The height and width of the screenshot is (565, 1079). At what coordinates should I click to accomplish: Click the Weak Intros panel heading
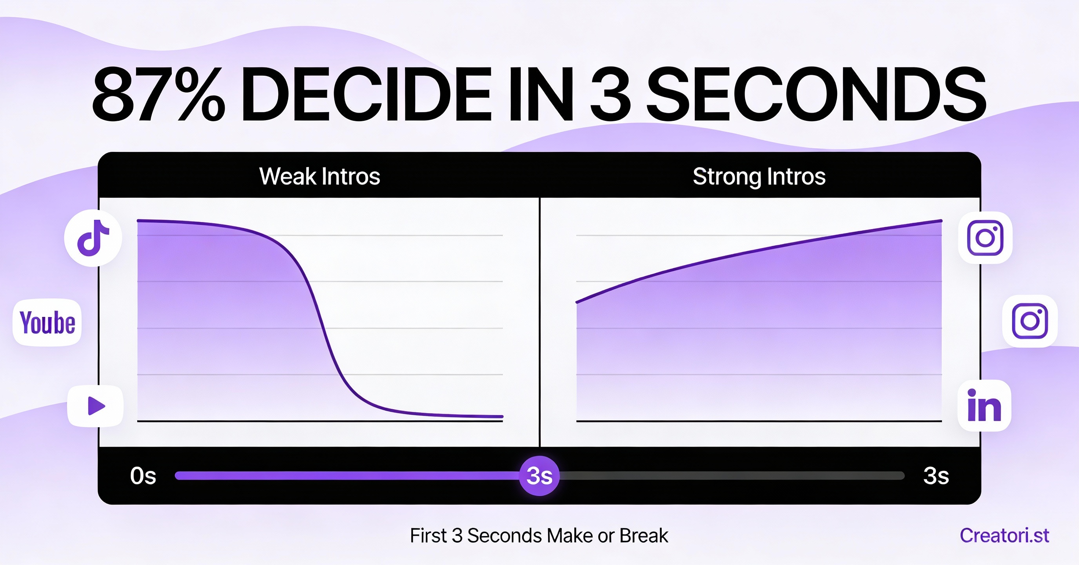320,176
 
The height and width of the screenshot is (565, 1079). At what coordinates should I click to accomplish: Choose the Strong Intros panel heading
759,177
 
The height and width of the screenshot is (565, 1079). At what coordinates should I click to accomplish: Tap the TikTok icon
93,238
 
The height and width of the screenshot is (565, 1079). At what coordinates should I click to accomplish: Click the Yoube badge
47,322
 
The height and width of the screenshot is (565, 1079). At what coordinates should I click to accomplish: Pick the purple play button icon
96,406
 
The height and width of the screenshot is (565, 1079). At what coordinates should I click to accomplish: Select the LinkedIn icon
985,405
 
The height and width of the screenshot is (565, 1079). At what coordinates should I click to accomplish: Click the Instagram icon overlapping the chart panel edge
985,238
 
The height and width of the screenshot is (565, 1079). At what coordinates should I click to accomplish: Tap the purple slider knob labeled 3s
539,476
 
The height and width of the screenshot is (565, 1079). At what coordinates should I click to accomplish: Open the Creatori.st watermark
1005,535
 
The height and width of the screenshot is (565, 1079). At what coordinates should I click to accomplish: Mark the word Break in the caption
644,535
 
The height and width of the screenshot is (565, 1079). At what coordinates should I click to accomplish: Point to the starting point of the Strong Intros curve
577,302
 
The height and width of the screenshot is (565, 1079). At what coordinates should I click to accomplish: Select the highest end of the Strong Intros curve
941,221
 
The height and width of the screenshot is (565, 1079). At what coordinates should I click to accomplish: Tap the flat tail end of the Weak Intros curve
502,417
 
